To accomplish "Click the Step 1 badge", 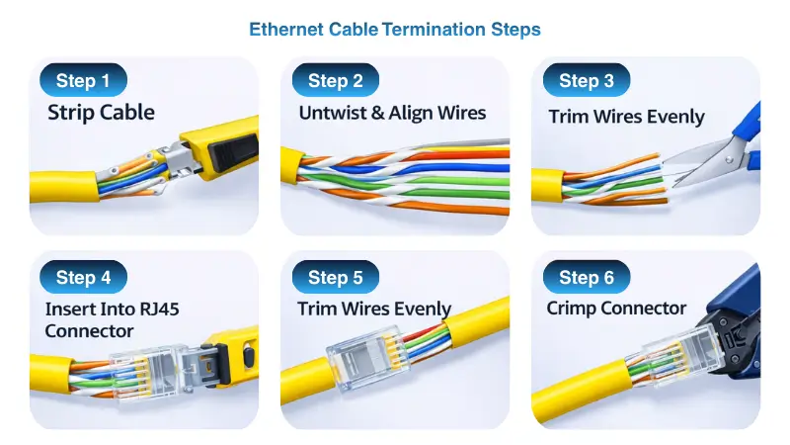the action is (x=83, y=80).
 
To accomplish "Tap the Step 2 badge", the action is (x=335, y=80).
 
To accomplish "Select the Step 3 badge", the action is (x=587, y=80).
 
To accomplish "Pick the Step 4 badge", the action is (x=83, y=277).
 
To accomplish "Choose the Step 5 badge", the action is (x=335, y=277).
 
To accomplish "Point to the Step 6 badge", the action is (x=587, y=277).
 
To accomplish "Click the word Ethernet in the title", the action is (x=286, y=30).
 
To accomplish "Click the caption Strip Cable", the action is (x=101, y=113).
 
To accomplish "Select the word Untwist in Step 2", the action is (x=333, y=113).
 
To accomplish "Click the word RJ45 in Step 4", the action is (x=159, y=309).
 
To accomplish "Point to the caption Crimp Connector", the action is (x=616, y=309).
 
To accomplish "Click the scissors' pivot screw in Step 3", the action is (x=729, y=160).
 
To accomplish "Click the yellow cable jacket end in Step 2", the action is (x=292, y=165).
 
